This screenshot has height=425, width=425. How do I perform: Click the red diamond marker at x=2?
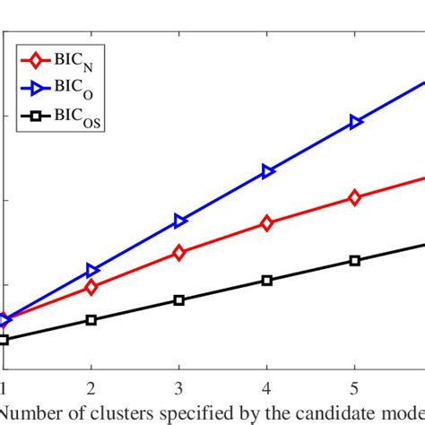pos(91,287)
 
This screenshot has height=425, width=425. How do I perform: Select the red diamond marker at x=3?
pos(178,253)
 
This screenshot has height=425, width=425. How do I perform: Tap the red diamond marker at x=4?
pos(266,223)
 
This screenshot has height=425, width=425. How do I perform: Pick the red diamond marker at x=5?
pos(355,198)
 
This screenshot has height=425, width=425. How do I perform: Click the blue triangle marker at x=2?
pos(91,270)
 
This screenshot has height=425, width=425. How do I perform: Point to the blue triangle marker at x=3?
pos(179,221)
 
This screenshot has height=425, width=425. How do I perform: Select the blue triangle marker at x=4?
pos(267,171)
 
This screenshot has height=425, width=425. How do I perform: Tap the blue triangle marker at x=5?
pos(356,122)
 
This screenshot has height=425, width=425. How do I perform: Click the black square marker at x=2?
pos(91,319)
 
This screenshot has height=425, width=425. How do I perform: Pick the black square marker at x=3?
pos(178,299)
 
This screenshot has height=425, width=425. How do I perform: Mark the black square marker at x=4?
pos(266,280)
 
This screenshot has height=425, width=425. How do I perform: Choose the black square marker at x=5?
pos(355,260)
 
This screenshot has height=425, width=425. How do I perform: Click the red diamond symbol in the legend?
pos(36,61)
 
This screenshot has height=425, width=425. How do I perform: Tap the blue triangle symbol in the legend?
pos(37,88)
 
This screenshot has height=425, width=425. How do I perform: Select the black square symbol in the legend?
pos(36,115)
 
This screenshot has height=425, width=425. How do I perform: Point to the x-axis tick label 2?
pos(91,386)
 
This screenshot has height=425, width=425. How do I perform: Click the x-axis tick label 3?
pos(178,386)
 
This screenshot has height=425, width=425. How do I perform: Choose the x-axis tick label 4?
pos(266,386)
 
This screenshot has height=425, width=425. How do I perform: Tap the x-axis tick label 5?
pos(355,386)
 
